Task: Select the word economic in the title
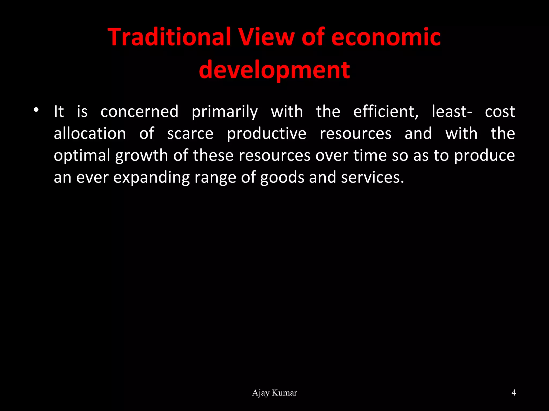386,37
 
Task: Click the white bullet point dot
36,110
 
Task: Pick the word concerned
139,112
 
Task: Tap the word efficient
386,112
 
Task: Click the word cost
500,112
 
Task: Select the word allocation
90,134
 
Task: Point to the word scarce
190,134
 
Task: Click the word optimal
82,156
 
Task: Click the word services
372,178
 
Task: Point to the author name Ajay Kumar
274,393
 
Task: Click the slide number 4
514,393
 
